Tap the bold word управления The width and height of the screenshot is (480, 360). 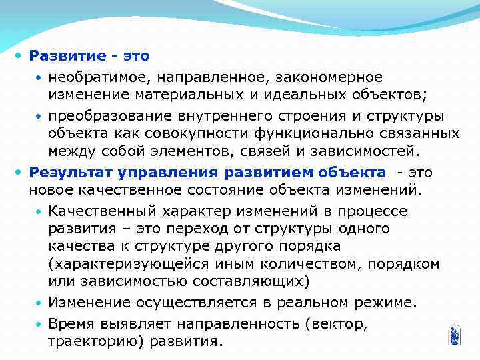pos(169,173)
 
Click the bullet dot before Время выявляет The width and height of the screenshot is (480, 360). pos(39,324)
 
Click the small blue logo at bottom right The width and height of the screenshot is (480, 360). pos(455,335)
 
